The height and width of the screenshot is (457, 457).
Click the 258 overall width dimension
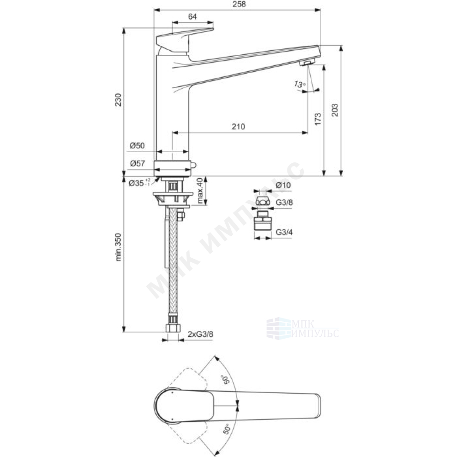[239, 4]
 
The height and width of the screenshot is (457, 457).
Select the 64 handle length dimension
[192, 16]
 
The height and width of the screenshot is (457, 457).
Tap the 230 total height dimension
[118, 100]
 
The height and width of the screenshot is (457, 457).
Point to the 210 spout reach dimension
[239, 127]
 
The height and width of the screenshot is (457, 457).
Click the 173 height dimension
[318, 119]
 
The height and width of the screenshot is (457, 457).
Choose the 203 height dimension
[335, 110]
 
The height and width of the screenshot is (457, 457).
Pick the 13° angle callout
[300, 85]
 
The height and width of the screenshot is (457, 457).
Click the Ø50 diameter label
[137, 145]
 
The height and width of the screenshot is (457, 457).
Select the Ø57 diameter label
[137, 164]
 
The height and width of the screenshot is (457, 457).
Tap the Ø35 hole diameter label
[139, 183]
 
